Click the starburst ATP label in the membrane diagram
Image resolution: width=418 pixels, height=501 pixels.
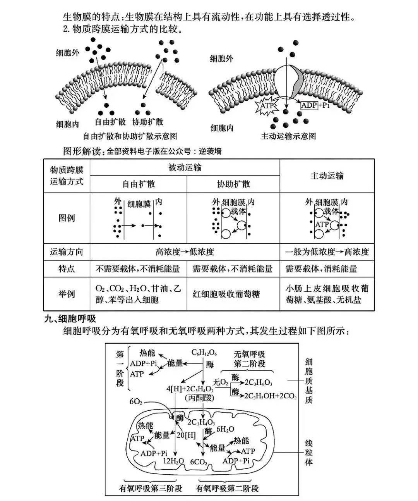[267, 105]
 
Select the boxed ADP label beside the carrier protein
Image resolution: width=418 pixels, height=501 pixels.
[309, 105]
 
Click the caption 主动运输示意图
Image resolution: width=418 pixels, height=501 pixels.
[288, 136]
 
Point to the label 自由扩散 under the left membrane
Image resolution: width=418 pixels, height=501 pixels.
[110, 122]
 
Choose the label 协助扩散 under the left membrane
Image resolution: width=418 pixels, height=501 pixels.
[147, 122]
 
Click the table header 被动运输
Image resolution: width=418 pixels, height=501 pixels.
[185, 167]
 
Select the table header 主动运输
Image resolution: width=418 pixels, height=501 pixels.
[327, 176]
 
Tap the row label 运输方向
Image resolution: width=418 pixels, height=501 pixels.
[66, 252]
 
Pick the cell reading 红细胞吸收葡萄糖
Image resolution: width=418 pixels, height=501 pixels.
[226, 294]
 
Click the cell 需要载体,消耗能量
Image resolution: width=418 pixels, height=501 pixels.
[321, 269]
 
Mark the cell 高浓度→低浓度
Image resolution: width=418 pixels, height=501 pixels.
[185, 252]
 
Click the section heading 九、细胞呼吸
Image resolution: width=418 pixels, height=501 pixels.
[70, 319]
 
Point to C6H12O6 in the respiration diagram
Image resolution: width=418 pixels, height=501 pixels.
[204, 353]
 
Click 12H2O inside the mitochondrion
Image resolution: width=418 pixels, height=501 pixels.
[173, 461]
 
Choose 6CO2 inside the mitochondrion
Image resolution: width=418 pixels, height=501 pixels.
[199, 462]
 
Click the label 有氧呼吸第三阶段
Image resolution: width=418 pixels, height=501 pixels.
[151, 488]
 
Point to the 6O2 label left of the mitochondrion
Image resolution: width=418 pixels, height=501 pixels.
[136, 401]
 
